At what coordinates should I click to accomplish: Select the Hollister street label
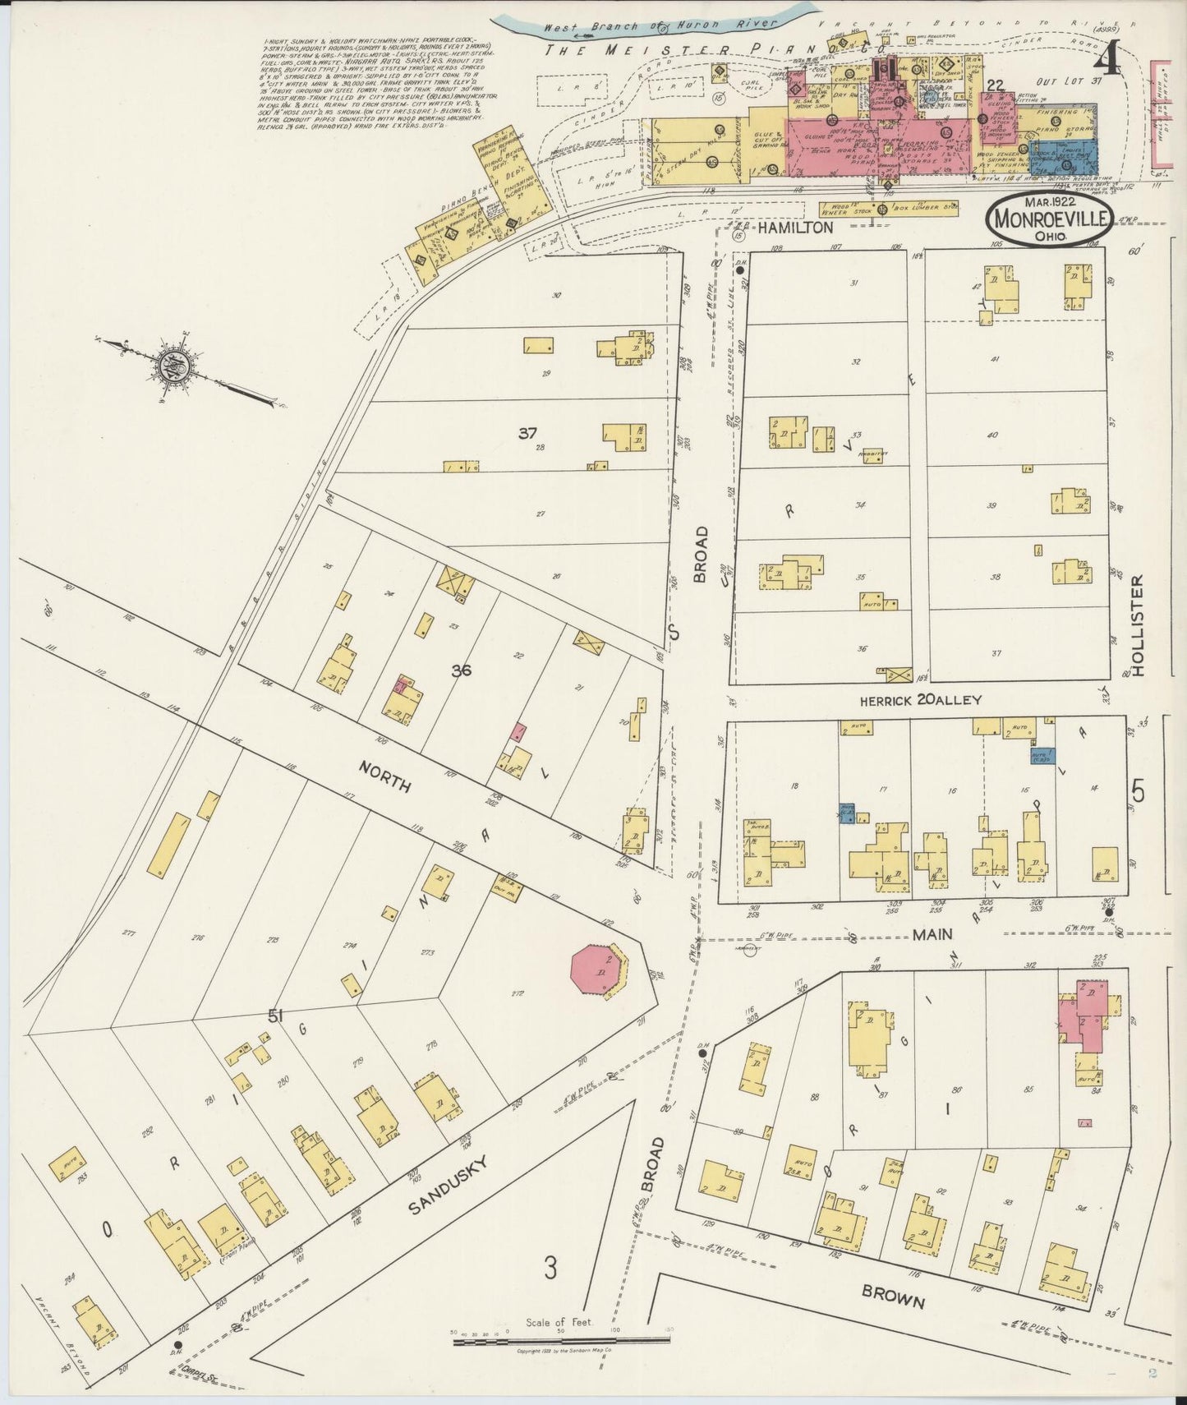coord(1137,625)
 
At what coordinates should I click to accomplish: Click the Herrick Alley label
coord(920,701)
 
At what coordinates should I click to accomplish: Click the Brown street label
coord(893,1296)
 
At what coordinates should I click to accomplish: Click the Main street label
coord(933,934)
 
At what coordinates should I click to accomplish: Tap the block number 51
coord(274,1017)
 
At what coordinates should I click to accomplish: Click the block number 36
coord(461,670)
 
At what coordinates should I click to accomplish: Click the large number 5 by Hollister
coord(1138,790)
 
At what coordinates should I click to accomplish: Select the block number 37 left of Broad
coord(527,433)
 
